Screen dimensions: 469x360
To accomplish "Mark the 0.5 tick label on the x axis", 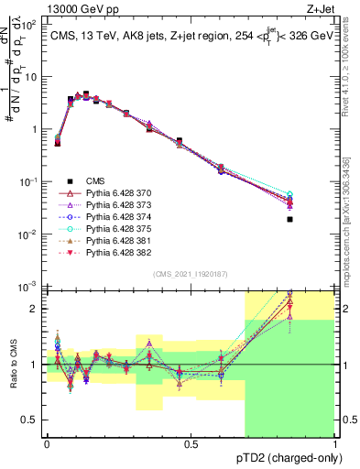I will pos(191,443).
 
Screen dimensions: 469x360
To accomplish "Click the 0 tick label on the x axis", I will pos(47,443).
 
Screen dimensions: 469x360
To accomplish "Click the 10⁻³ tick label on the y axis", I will pos(27,288).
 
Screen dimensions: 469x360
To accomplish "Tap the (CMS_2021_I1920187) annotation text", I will pos(191,274).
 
